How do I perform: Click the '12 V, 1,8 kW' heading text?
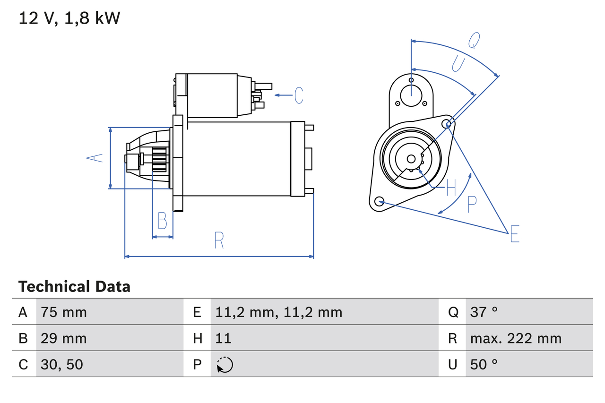69,18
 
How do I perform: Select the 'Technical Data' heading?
74,286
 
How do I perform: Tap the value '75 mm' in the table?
64,312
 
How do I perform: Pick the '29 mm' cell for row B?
64,338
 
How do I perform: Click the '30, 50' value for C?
62,364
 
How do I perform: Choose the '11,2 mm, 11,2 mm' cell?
278,312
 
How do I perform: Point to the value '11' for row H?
223,338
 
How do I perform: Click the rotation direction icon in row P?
225,365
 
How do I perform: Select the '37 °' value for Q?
484,312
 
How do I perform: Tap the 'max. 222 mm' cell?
516,338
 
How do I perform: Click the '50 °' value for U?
484,364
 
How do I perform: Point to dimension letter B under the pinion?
162,221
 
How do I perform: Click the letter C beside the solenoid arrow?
299,95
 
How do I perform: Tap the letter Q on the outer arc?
474,41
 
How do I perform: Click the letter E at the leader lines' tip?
515,234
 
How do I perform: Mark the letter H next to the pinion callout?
451,188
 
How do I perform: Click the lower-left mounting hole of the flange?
379,201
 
